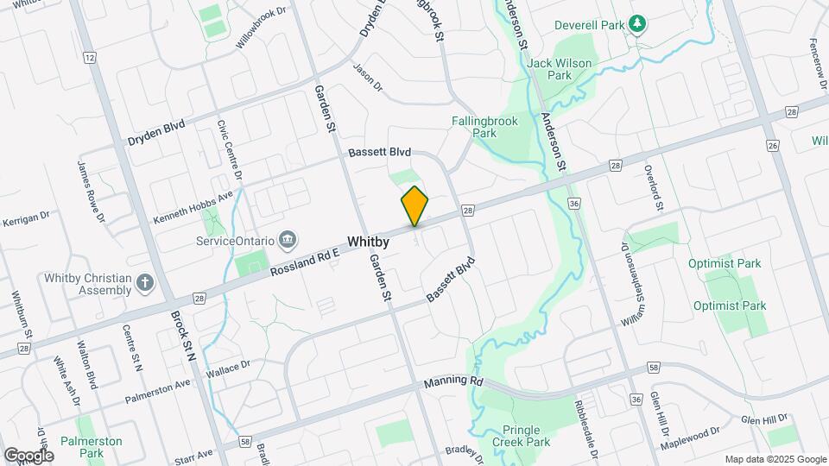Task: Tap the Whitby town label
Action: [x=369, y=242]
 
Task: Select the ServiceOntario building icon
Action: [x=288, y=239]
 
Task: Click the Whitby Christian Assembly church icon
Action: [x=145, y=282]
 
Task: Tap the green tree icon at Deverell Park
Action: [x=637, y=24]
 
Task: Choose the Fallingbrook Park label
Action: [x=484, y=127]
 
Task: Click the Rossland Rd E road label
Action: [x=306, y=261]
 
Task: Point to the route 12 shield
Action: [x=89, y=58]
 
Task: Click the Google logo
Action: [x=28, y=455]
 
